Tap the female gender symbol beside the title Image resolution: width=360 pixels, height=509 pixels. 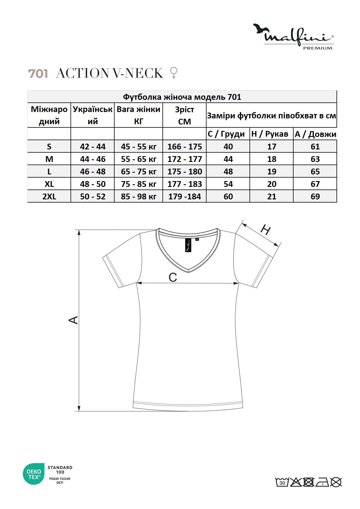pyautogui.click(x=173, y=73)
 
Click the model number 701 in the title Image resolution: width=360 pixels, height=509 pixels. pyautogui.click(x=38, y=73)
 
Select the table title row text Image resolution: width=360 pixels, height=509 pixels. pyautogui.click(x=182, y=97)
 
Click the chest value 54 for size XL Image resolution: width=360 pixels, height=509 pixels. pyautogui.click(x=228, y=184)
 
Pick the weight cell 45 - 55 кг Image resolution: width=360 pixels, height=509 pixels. pyautogui.click(x=138, y=147)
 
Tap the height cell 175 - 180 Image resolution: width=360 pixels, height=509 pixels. pyautogui.click(x=184, y=172)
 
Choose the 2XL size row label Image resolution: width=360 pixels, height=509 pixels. pyautogui.click(x=49, y=196)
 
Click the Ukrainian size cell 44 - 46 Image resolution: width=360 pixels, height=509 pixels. pyautogui.click(x=93, y=159)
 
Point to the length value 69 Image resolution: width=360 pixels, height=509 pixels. pyautogui.click(x=315, y=196)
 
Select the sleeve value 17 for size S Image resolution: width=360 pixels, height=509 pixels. pyautogui.click(x=272, y=147)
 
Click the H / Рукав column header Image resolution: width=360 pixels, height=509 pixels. pyautogui.click(x=269, y=134)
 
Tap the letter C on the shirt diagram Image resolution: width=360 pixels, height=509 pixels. pyautogui.click(x=173, y=277)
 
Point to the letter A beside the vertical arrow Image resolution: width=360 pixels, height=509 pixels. pyautogui.click(x=73, y=320)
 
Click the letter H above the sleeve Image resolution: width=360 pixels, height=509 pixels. pyautogui.click(x=265, y=230)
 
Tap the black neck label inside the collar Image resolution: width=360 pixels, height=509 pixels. pyautogui.click(x=188, y=245)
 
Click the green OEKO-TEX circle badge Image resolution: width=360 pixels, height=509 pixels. pyautogui.click(x=34, y=474)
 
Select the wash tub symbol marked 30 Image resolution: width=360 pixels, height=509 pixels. pyautogui.click(x=282, y=482)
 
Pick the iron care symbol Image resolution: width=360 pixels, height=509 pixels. pyautogui.click(x=322, y=482)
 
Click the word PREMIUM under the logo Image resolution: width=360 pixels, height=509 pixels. pyautogui.click(x=318, y=48)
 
